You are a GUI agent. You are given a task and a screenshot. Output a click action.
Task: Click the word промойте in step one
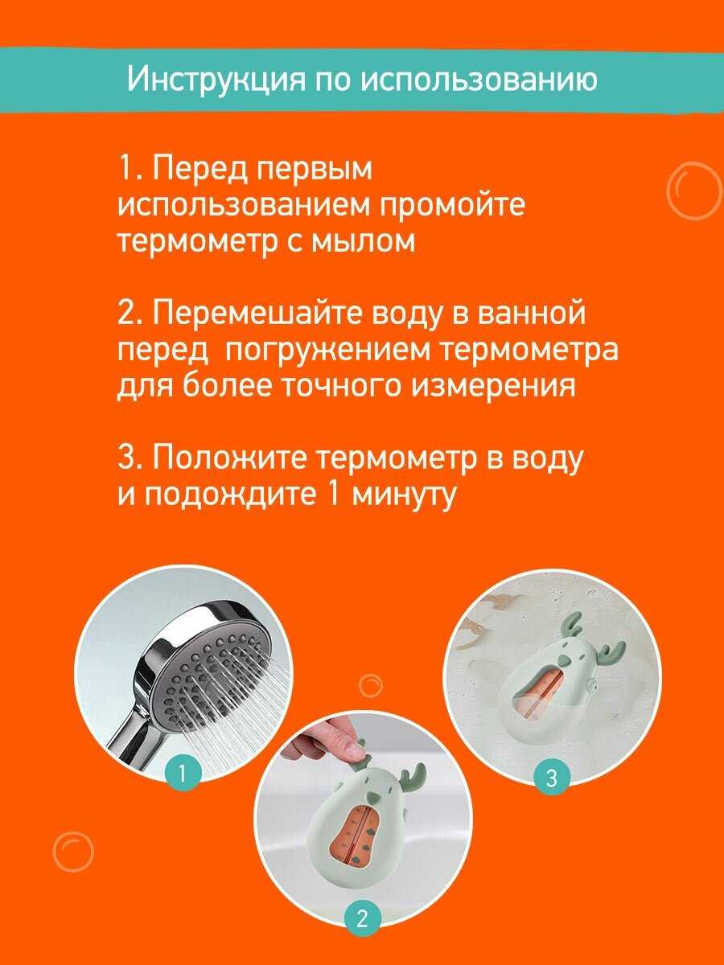point(452,205)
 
